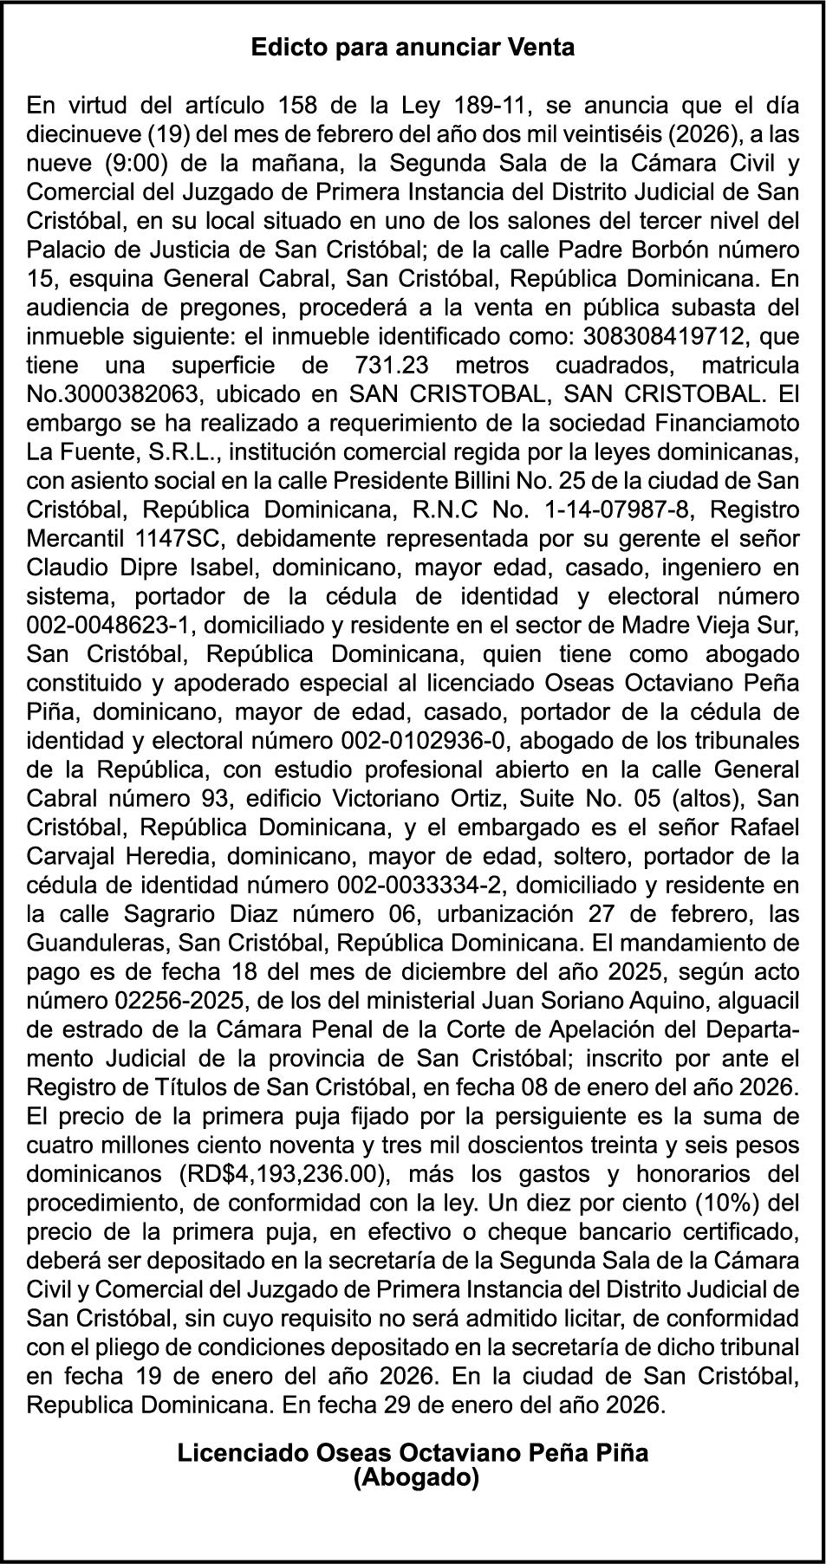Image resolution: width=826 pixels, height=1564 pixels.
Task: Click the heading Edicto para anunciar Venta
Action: coord(413,48)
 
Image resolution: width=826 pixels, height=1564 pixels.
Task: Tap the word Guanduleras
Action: coord(97,944)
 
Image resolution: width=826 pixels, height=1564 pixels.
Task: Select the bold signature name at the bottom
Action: coord(413,1452)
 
